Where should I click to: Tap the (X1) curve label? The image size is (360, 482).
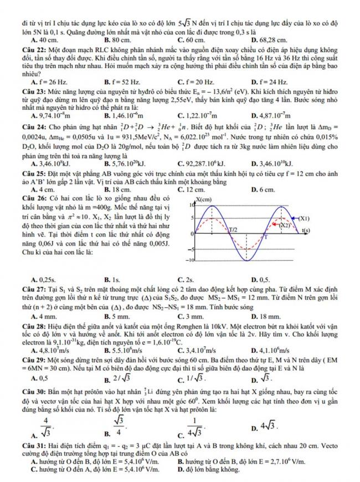304,218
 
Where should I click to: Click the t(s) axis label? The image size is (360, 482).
304,230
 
